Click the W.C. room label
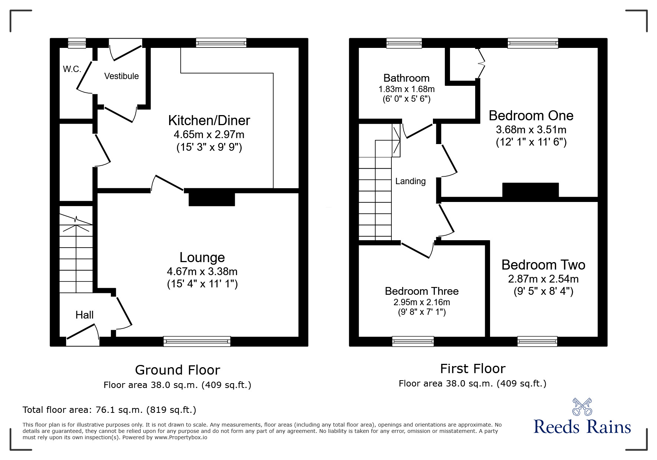[x=72, y=69]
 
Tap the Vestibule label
[x=121, y=76]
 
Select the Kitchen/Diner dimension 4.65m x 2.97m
[x=209, y=134]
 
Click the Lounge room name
[x=202, y=257]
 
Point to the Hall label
[x=84, y=315]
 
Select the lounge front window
[x=197, y=341]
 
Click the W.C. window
[x=77, y=43]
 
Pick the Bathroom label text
[x=406, y=78]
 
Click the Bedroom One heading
[x=531, y=115]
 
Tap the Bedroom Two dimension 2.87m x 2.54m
[x=543, y=279]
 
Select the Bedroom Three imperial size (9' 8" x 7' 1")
[x=421, y=312]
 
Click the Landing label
[x=410, y=181]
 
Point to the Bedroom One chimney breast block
[x=530, y=190]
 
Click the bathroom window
[x=404, y=43]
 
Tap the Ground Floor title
[x=177, y=370]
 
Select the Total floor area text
[x=109, y=410]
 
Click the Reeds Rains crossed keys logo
[x=582, y=407]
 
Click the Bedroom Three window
[x=413, y=341]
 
